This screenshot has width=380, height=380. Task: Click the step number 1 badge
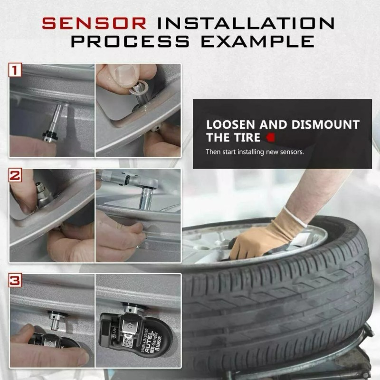(x=16, y=71)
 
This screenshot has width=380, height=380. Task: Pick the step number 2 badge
(x=16, y=176)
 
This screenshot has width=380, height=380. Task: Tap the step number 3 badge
(x=16, y=280)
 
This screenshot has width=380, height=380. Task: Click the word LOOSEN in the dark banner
(x=231, y=125)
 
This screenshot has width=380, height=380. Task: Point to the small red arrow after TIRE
(x=271, y=138)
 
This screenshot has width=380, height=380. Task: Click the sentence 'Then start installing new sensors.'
(x=255, y=152)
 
